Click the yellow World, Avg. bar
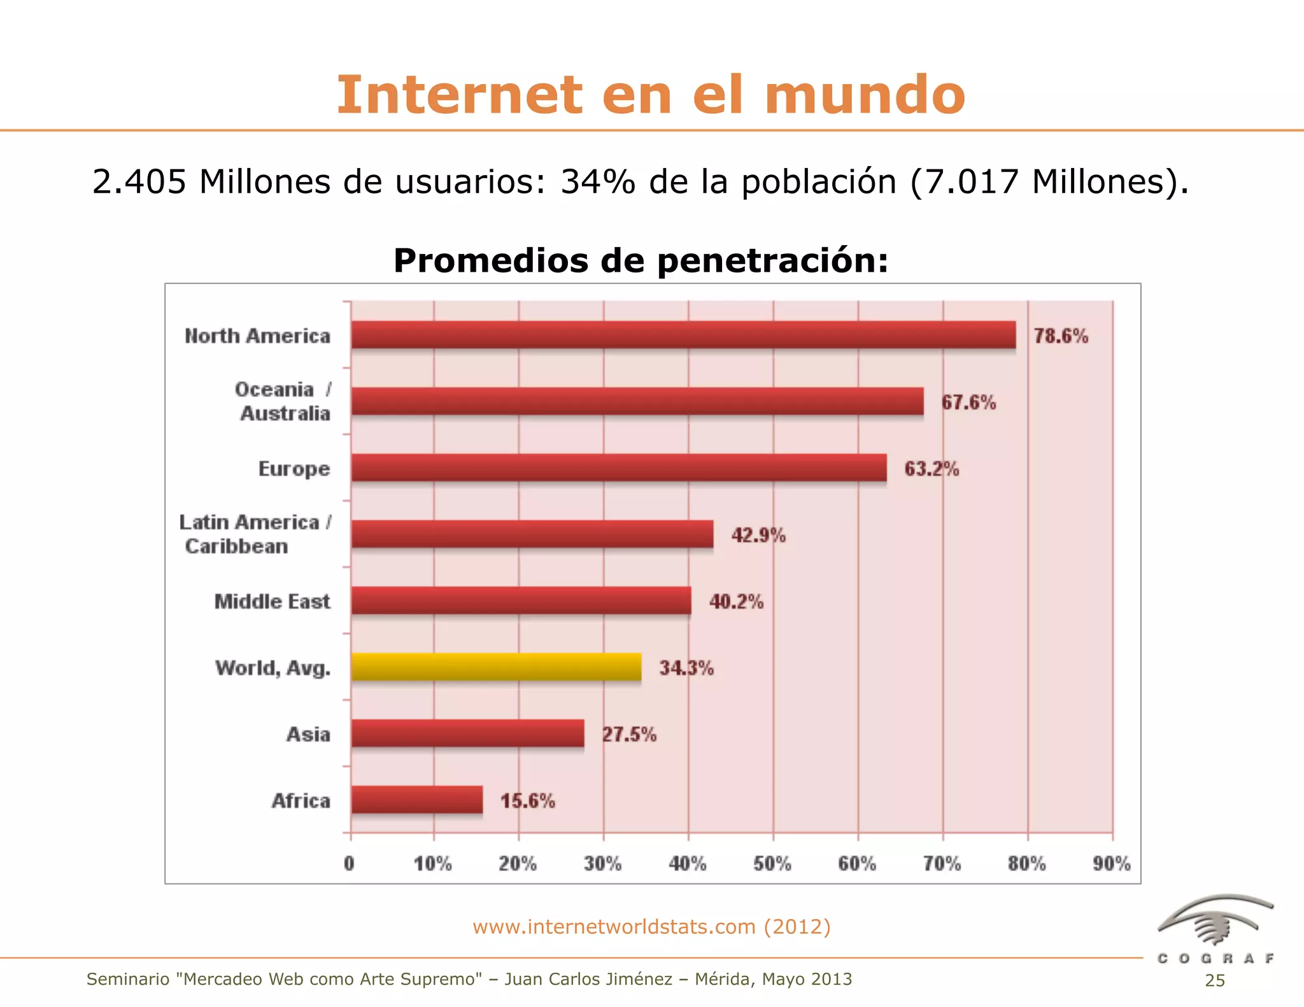496,667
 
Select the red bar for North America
683,335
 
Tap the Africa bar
416,800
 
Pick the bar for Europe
618,468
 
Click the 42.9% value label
758,535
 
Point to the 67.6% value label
968,402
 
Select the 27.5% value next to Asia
629,735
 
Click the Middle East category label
272,602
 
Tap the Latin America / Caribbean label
255,534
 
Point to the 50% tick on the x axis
772,864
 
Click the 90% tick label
1112,864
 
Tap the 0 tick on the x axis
349,864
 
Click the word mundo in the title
865,95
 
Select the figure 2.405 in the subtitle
139,182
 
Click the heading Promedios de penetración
641,260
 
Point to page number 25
1215,981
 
